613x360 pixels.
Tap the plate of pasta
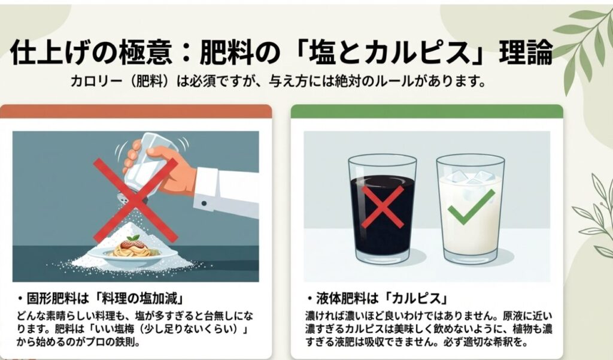pos(132,250)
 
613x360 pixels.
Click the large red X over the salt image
pos(135,200)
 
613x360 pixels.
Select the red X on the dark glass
pos(383,206)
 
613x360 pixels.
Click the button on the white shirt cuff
pos(204,204)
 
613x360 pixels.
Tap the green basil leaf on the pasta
pos(133,238)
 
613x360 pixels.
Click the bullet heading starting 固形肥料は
pos(101,300)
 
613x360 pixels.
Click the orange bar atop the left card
pos(136,111)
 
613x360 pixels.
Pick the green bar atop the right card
pos(427,111)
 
